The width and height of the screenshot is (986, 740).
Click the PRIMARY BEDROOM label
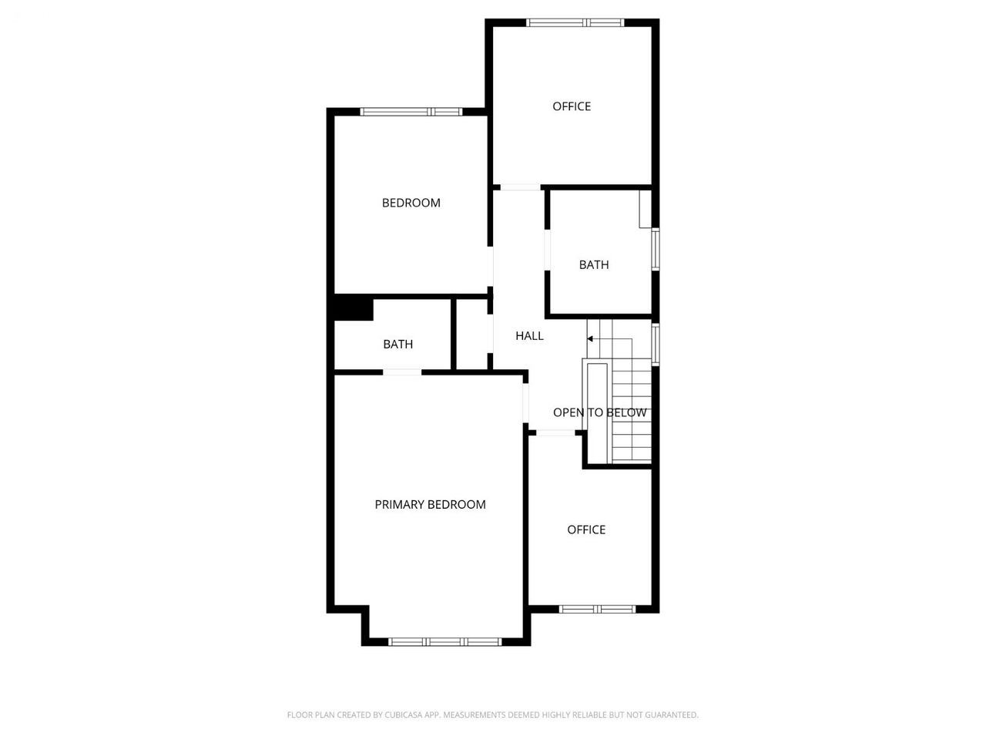pos(430,505)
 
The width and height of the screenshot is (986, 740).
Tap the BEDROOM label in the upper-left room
pos(411,203)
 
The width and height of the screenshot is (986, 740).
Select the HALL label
pos(529,335)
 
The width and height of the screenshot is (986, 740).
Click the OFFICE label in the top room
pos(572,106)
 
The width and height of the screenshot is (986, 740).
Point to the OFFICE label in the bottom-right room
pos(586,530)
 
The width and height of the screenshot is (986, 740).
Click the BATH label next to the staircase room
pos(594,264)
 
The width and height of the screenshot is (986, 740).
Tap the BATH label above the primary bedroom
pos(398,344)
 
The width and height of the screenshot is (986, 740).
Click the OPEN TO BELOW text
pos(599,412)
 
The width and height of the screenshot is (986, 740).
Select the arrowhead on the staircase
pos(590,338)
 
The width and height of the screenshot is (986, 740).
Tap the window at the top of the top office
pos(575,22)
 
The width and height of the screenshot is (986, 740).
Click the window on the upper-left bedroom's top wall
pos(411,112)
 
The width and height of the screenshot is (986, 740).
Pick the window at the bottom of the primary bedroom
pos(444,642)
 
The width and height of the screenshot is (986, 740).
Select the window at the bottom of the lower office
pos(598,609)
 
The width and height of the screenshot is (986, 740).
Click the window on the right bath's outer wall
pos(656,249)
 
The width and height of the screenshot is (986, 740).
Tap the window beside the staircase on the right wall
pos(656,344)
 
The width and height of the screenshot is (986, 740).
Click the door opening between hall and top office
pos(520,187)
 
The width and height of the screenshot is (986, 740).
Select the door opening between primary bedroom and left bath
pos(402,372)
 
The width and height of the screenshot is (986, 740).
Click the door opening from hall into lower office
pos(555,433)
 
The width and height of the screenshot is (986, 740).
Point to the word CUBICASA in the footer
pos(401,715)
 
